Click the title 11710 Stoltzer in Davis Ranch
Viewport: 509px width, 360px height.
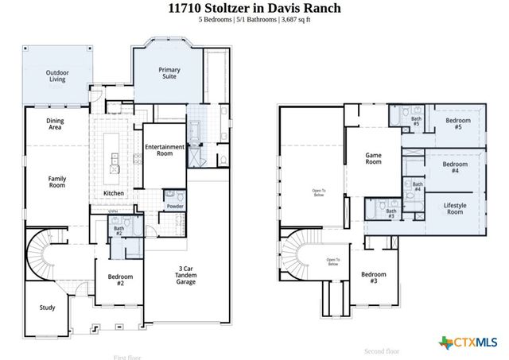pos(254,8)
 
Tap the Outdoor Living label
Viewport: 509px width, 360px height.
pos(56,76)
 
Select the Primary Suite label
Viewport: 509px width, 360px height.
pos(169,74)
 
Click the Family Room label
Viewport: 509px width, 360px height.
pos(56,182)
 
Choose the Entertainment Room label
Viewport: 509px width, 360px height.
pos(165,150)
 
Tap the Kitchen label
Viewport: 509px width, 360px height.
pos(114,194)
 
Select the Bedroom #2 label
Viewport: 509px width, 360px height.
pos(120,280)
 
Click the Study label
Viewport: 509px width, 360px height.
pos(48,308)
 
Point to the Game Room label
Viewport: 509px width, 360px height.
pos(374,158)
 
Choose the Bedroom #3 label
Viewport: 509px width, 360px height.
pos(374,277)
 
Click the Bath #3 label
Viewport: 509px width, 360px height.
pos(391,213)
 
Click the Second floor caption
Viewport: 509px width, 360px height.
pos(382,350)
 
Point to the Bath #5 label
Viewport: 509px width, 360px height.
pos(416,121)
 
